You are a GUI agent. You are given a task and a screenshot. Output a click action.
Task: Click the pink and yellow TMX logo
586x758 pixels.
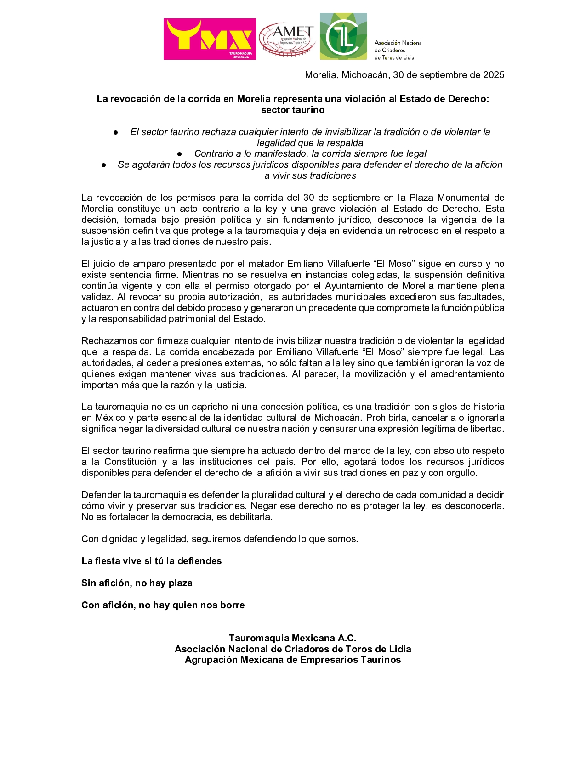click(x=210, y=39)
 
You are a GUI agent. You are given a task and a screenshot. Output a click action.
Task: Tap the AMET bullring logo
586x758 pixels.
click(x=287, y=40)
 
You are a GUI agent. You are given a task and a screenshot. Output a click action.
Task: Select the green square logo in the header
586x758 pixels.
click(x=343, y=36)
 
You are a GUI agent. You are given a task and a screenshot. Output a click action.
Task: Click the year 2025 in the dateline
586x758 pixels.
click(x=494, y=75)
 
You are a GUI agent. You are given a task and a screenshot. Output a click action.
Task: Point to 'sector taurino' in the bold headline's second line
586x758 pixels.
click(x=293, y=110)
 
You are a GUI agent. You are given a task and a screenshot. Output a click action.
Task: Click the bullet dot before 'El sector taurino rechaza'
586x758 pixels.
click(x=116, y=132)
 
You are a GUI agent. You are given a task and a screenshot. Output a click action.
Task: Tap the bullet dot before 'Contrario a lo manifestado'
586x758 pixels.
click(x=180, y=154)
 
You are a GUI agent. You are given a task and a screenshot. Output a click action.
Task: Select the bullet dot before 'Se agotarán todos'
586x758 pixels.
click(x=104, y=165)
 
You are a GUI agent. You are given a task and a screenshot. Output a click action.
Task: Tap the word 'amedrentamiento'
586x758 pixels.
click(x=467, y=374)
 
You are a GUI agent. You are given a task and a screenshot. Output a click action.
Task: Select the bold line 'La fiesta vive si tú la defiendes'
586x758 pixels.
click(x=151, y=561)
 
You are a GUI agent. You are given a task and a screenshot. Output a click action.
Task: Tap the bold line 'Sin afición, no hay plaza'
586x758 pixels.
click(x=137, y=583)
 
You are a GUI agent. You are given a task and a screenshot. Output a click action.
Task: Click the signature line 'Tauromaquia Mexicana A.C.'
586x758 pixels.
click(x=292, y=638)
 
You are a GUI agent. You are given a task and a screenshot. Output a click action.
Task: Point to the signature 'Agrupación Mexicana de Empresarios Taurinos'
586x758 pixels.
click(x=292, y=660)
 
